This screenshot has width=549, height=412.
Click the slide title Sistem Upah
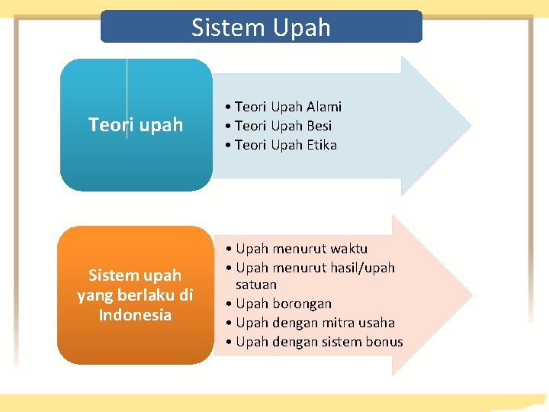point(261,27)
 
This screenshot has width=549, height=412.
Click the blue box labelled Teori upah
point(136,124)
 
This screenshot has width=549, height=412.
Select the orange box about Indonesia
point(135,295)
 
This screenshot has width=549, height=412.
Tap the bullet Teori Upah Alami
point(287,107)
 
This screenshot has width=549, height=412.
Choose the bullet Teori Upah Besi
point(283,126)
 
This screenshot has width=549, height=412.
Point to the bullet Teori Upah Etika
point(285,145)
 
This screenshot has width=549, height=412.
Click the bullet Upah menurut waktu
point(301,249)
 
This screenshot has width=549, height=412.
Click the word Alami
point(325,107)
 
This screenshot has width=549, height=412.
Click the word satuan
point(256,285)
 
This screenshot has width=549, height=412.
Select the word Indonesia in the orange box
point(135,314)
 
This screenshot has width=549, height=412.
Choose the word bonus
point(385,342)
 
